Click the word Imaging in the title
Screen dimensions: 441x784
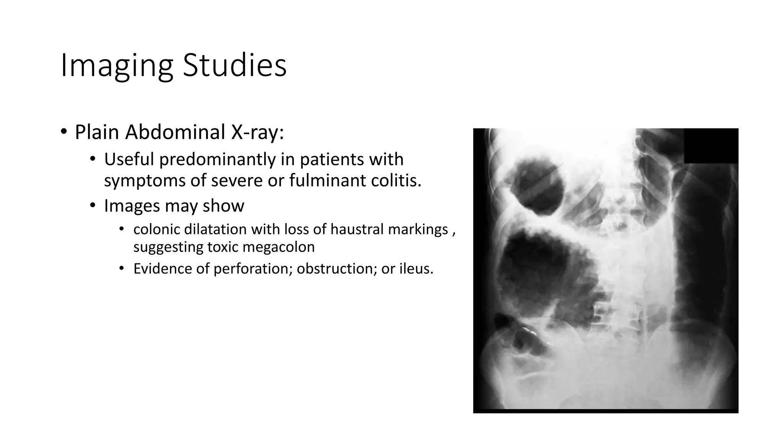point(117,66)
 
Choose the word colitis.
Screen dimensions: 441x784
point(396,180)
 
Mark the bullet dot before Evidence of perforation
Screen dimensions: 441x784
point(122,268)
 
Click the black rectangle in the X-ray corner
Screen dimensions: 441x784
point(711,146)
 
